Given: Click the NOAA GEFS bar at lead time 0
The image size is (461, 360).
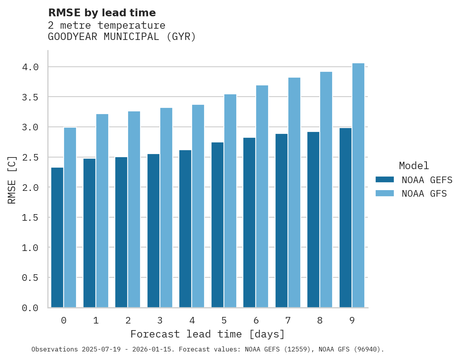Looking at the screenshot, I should click(x=57, y=237).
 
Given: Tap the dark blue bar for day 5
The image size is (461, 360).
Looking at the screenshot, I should click(x=217, y=225).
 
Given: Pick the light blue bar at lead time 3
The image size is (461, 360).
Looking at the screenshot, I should click(x=166, y=208).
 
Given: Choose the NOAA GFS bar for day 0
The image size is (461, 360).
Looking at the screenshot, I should click(x=70, y=217).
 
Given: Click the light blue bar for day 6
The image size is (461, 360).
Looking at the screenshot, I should click(x=262, y=196).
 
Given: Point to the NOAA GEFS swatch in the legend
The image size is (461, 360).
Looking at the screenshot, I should click(x=385, y=180).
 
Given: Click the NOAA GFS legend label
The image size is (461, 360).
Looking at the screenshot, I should click(x=424, y=194).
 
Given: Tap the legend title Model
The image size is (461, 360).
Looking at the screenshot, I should click(x=414, y=166).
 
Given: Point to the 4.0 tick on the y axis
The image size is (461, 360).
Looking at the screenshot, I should click(x=30, y=67).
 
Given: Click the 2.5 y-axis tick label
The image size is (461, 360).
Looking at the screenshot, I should click(x=30, y=157).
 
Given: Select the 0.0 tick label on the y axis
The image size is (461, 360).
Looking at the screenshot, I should click(x=30, y=308).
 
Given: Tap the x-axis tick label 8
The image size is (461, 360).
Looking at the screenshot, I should click(x=320, y=320).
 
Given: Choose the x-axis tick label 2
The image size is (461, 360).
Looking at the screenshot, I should click(x=128, y=320).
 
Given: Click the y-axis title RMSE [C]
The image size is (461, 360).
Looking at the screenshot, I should click(x=12, y=180).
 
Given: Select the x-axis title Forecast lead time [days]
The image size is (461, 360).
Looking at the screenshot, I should click(x=208, y=334).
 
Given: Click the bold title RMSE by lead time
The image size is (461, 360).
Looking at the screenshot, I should click(x=102, y=13).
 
